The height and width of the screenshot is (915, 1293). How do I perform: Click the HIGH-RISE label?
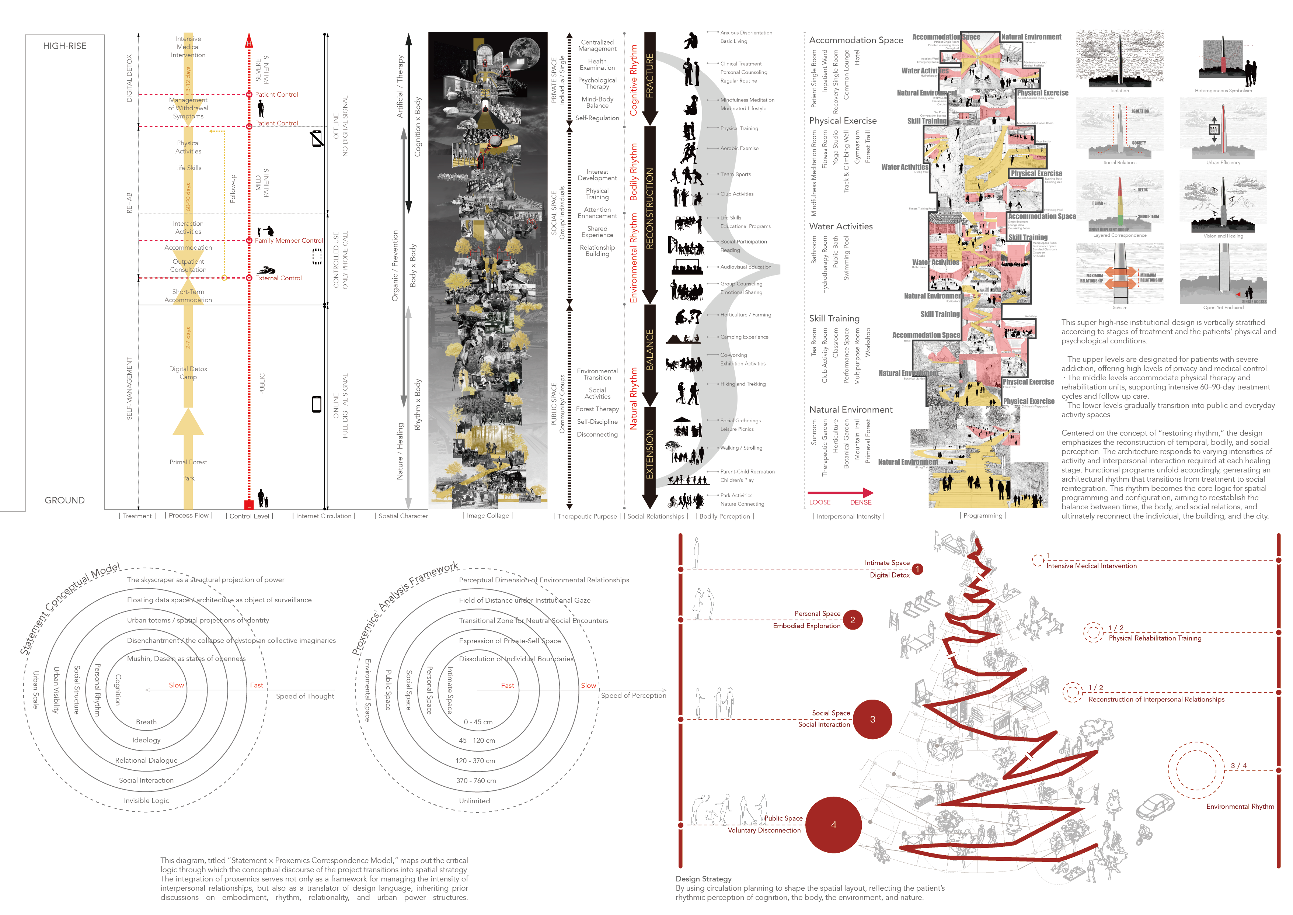pyautogui.click(x=65, y=46)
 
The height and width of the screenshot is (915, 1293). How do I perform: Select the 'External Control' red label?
pyautogui.click(x=278, y=278)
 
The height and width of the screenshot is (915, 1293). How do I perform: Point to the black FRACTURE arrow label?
pyautogui.click(x=650, y=76)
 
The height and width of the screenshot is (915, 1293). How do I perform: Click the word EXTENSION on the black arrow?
pyautogui.click(x=650, y=454)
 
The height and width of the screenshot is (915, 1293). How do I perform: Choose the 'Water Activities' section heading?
pyautogui.click(x=841, y=226)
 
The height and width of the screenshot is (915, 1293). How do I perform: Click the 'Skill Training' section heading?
pyautogui.click(x=834, y=318)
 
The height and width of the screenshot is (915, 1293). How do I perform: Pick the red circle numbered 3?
pyautogui.click(x=872, y=720)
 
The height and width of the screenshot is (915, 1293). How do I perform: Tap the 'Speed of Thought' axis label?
pyautogui.click(x=305, y=696)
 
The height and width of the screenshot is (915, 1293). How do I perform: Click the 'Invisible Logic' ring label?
pyautogui.click(x=146, y=801)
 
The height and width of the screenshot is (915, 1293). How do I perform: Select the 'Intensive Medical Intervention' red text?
pyautogui.click(x=1091, y=566)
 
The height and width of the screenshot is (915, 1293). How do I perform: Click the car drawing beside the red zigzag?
pyautogui.click(x=1154, y=807)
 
